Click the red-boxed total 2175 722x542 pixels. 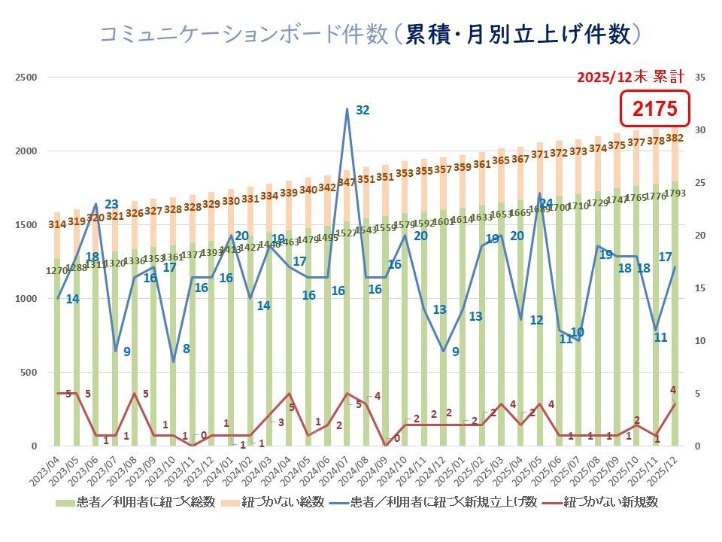[654, 110]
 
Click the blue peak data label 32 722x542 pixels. [363, 110]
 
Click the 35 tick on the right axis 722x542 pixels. [700, 78]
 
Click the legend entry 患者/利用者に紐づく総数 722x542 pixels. [143, 501]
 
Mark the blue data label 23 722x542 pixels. [111, 204]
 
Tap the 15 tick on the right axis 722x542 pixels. [700, 288]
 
